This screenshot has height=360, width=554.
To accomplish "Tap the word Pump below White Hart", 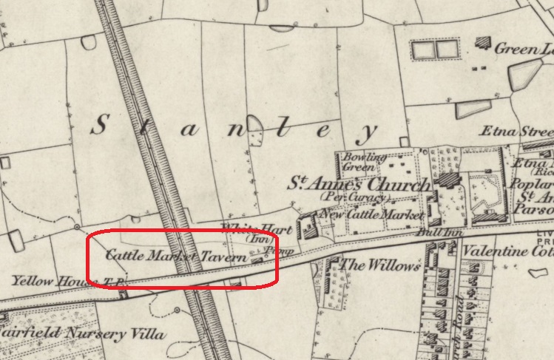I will pos(275,250).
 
